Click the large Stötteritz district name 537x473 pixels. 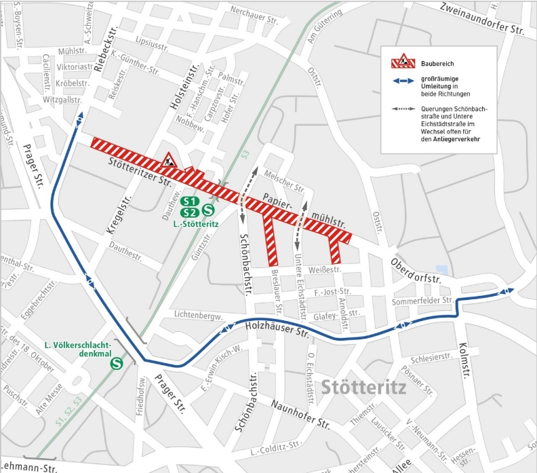364,387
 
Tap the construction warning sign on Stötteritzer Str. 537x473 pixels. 168,161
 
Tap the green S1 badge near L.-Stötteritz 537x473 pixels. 190,202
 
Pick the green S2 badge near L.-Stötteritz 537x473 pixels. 190,214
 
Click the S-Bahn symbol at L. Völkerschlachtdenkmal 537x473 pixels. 117,363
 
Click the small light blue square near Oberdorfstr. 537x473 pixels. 443,269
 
